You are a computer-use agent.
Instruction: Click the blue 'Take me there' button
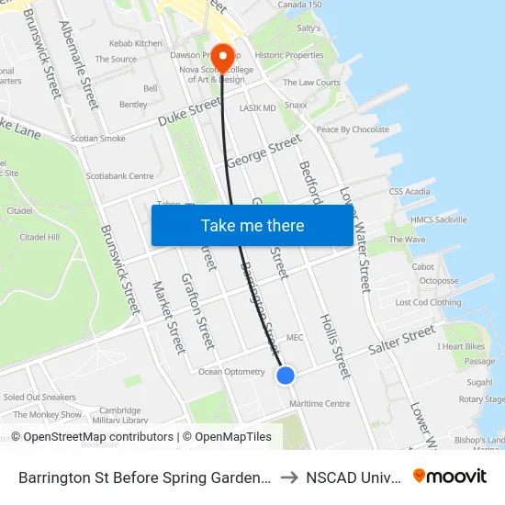[x=252, y=225]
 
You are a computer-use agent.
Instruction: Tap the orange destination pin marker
[x=222, y=55]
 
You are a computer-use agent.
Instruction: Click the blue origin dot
[x=286, y=375]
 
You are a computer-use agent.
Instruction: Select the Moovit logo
[x=450, y=476]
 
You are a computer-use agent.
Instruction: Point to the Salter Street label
[x=401, y=341]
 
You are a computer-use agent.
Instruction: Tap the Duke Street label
[x=189, y=112]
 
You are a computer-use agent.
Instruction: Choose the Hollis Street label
[x=333, y=344]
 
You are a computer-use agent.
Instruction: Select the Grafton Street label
[x=197, y=312]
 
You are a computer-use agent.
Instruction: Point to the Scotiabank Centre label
[x=119, y=175]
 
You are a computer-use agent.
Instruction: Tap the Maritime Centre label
[x=319, y=403]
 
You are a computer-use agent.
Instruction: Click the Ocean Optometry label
[x=231, y=372]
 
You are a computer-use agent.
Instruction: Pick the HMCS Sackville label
[x=438, y=219]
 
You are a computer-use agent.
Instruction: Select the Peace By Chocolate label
[x=353, y=129]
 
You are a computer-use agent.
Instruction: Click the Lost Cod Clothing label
[x=428, y=302]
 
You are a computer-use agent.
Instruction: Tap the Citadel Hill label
[x=39, y=237]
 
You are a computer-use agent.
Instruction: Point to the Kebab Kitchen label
[x=135, y=43]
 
